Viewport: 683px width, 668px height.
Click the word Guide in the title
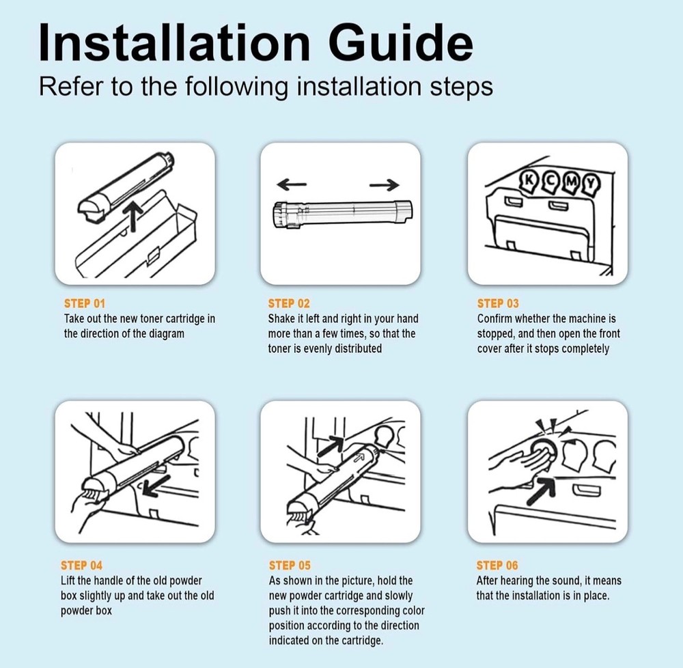(400, 42)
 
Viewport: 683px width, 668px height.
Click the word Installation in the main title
(174, 42)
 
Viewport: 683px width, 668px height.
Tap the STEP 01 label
(85, 303)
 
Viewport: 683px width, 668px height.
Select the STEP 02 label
(289, 303)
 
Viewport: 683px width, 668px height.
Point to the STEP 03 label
(498, 303)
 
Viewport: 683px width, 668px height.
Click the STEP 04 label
(81, 566)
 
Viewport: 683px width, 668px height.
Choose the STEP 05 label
(290, 566)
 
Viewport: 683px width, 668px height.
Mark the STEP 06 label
(497, 566)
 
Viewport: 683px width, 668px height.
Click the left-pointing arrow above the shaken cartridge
(292, 184)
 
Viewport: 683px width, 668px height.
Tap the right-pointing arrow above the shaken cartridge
(384, 184)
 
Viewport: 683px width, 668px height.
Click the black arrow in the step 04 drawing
(156, 486)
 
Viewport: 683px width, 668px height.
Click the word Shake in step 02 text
(282, 319)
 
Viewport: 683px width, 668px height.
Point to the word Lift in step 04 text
(68, 581)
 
